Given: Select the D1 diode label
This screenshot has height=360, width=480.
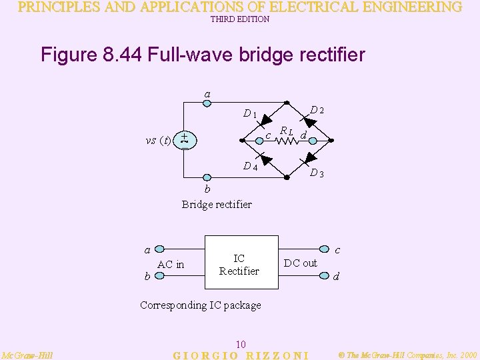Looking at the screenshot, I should pos(250,114).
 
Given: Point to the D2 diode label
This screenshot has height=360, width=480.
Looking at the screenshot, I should pos(317,109).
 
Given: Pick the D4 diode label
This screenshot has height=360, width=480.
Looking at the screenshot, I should pos(250,166).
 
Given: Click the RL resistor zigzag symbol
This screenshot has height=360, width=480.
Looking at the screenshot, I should pos(285,141).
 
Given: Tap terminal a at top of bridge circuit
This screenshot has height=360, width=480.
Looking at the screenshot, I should pos(207,103).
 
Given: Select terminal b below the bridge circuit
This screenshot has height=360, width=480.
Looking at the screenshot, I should pos(207,177).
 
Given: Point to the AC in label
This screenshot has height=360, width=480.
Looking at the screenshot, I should pos(171,265).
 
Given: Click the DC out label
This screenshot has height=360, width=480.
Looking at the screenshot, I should pos(301,263).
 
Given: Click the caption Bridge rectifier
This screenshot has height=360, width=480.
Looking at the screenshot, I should pos(217,204).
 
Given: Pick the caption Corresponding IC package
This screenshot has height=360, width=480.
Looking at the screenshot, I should pos(201,305).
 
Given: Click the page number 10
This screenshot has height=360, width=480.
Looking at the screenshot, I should pos(241,344).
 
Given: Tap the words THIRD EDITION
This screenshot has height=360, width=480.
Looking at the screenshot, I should pos(240,19).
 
